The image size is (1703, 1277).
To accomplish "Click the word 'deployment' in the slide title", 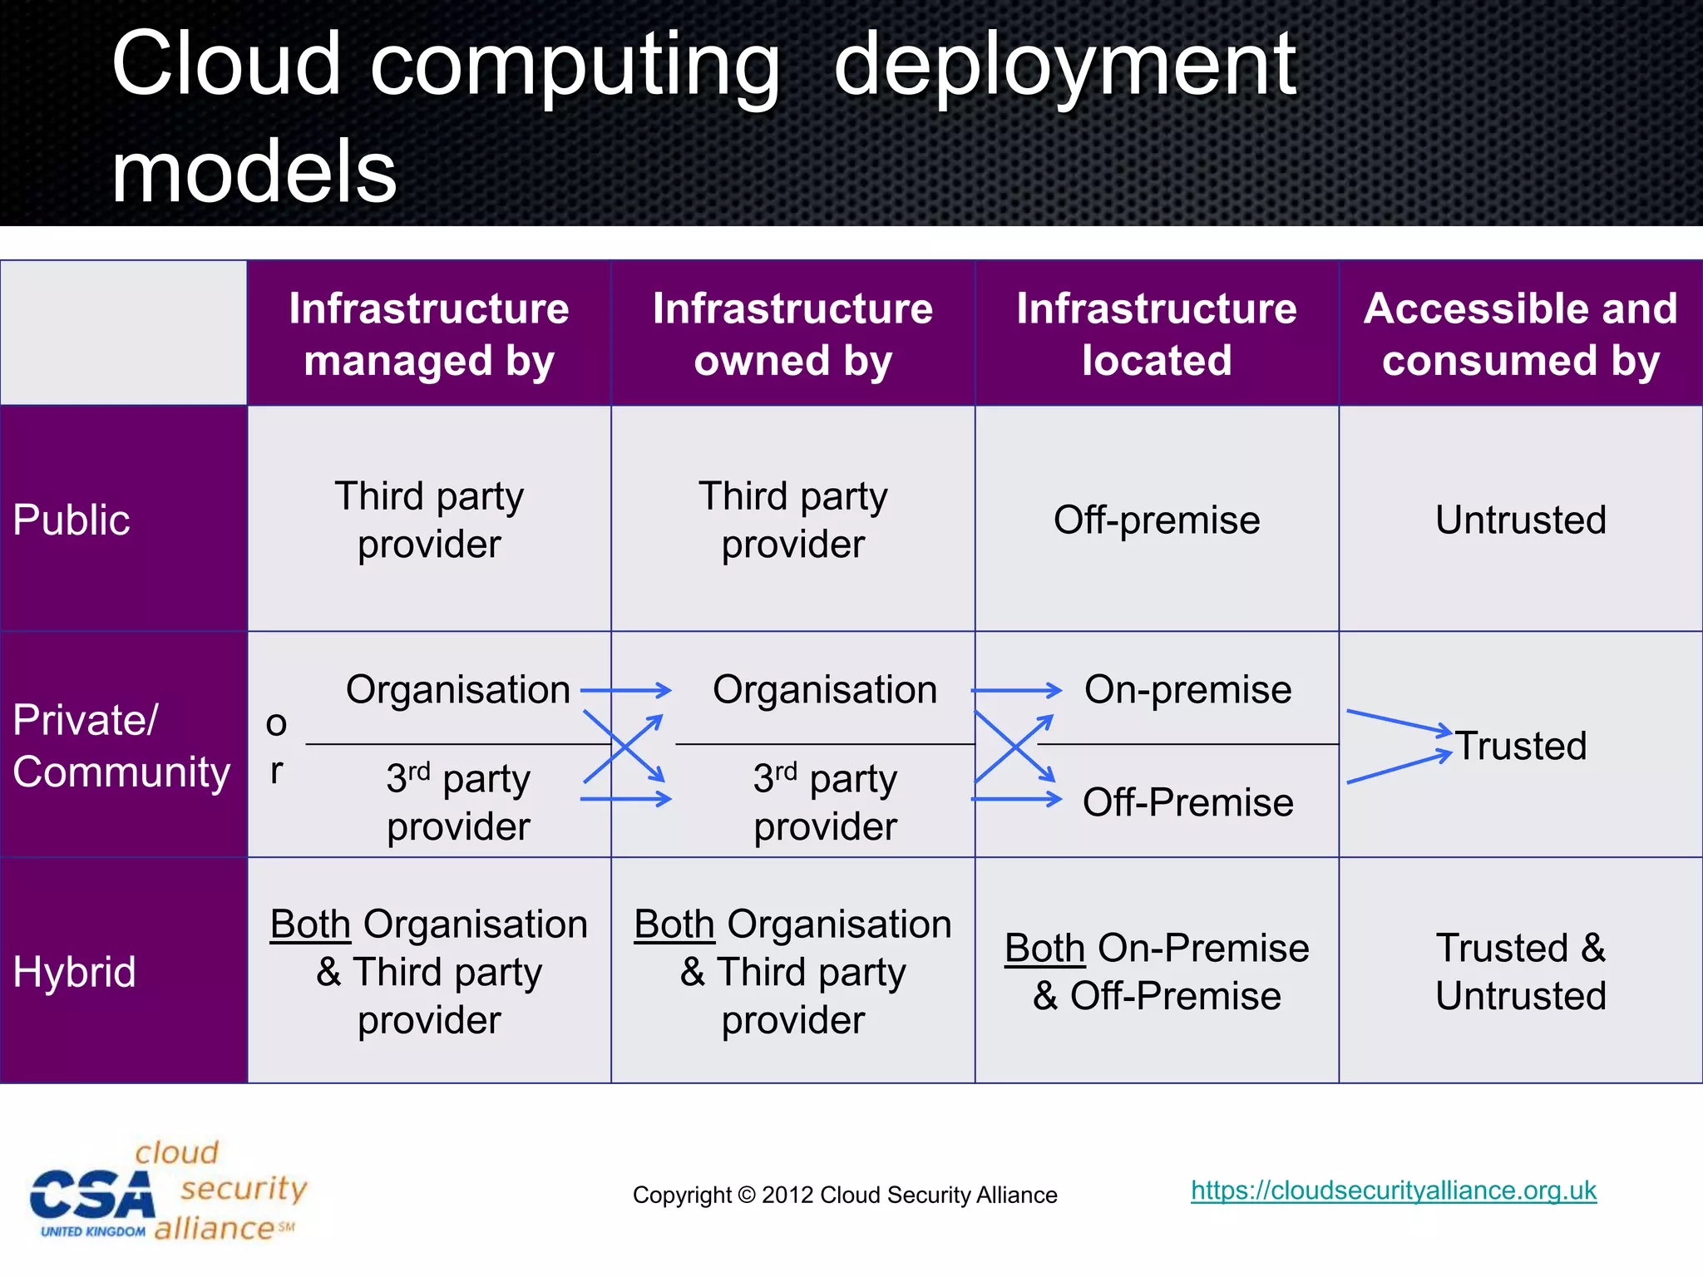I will (x=1064, y=67).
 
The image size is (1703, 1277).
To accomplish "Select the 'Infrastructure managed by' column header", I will (x=429, y=334).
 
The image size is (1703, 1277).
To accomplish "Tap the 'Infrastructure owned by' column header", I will (x=792, y=334).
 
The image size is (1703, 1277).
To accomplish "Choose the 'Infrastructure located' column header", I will (x=1157, y=334).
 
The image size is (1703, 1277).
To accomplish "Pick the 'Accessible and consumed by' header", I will (x=1521, y=334).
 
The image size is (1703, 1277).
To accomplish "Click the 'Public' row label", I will (x=72, y=520).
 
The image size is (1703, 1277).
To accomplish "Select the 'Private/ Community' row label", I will (x=121, y=746).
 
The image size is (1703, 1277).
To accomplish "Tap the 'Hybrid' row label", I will (x=75, y=972).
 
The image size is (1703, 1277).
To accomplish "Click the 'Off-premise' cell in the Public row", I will (x=1157, y=520).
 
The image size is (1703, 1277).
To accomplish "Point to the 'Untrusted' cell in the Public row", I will (x=1521, y=520).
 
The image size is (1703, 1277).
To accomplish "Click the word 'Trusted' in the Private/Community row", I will (x=1521, y=746).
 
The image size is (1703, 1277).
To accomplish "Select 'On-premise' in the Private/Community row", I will (x=1187, y=690).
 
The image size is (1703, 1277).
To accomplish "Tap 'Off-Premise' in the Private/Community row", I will (x=1187, y=803).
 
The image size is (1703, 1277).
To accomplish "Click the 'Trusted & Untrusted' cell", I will (x=1521, y=972).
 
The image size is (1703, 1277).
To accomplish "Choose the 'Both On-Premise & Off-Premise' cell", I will (x=1157, y=972).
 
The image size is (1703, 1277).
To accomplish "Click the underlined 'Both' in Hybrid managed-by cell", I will (x=310, y=924).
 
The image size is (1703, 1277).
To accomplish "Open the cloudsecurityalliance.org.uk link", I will (x=1394, y=1191).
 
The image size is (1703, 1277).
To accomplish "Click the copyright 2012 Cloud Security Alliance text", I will (x=845, y=1196).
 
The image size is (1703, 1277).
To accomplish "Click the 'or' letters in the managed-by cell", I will (x=276, y=747).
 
